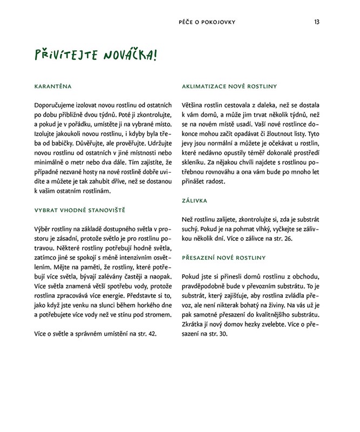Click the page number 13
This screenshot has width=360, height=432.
coord(317,22)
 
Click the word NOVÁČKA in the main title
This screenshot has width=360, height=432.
coord(119,56)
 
